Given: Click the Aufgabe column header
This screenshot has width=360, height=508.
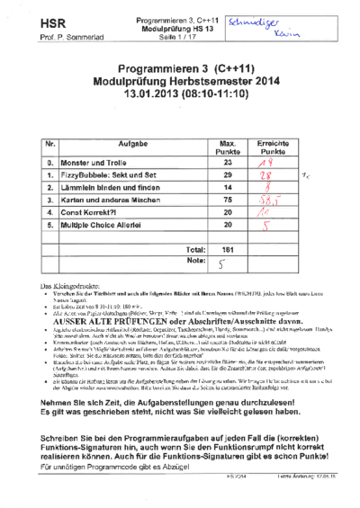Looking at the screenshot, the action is [x=132, y=145].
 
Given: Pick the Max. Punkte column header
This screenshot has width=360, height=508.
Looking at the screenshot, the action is [x=229, y=147].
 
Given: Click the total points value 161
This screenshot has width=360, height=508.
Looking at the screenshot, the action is [x=229, y=249].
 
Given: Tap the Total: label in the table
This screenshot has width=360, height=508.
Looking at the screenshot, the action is [x=193, y=249].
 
